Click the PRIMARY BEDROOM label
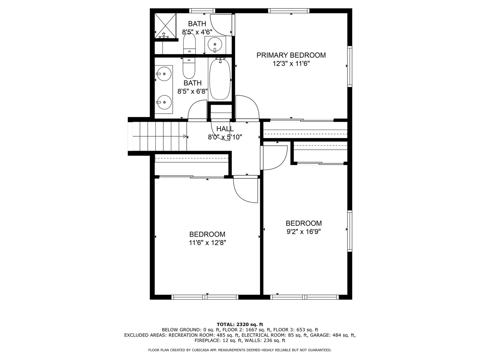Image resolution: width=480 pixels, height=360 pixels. (x=291, y=55)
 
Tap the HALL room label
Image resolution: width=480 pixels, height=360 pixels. (x=225, y=129)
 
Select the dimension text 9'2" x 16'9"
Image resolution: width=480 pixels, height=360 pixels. (x=304, y=231)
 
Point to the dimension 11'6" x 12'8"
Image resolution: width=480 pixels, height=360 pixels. (x=207, y=242)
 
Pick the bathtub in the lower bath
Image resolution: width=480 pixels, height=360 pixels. (x=220, y=79)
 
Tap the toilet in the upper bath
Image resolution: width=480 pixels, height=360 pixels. (x=189, y=43)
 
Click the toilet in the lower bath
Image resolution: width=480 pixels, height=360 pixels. (x=189, y=68)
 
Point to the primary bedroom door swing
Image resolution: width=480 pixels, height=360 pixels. (x=247, y=108)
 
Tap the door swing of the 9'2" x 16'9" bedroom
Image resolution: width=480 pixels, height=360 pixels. (x=274, y=158)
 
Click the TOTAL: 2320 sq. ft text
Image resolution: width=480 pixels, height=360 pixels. (x=240, y=324)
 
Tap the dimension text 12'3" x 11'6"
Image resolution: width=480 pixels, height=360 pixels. (x=291, y=64)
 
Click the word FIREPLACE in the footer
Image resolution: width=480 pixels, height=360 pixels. (x=207, y=340)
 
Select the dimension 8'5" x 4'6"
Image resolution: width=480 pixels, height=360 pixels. (x=197, y=32)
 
